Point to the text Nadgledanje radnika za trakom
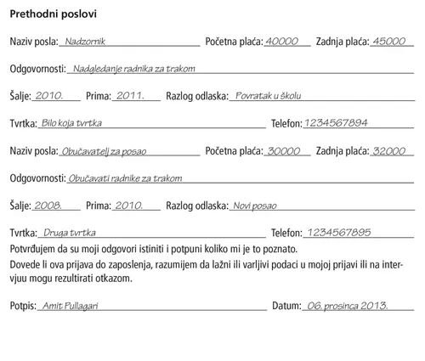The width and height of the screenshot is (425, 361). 129,69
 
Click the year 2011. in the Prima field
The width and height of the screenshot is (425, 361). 131,96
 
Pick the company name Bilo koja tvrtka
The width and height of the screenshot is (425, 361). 71,123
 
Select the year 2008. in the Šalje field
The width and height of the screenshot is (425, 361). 48,206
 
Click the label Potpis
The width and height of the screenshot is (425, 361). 23,304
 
